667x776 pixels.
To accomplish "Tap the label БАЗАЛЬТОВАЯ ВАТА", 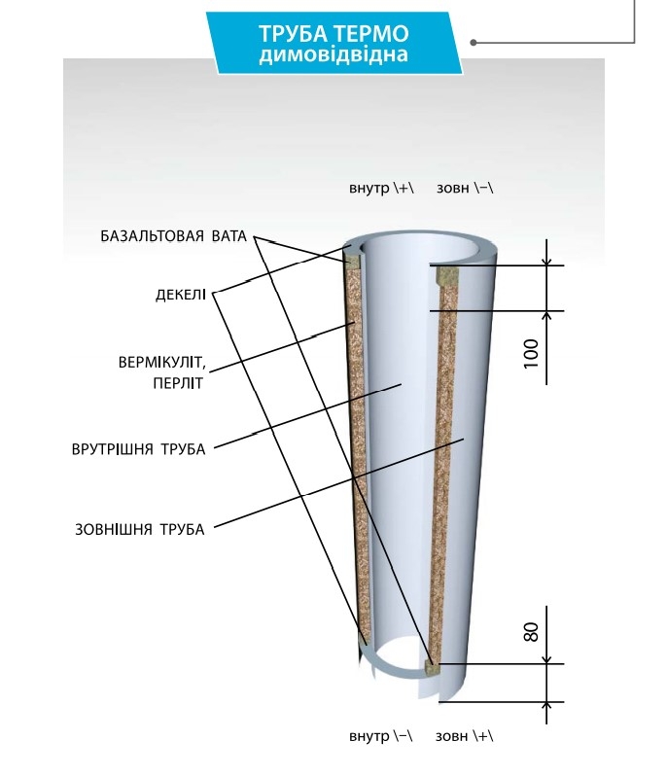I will click(174, 236).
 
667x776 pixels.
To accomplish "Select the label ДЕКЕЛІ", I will click(181, 293).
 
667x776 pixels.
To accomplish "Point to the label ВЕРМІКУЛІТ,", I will click(161, 363).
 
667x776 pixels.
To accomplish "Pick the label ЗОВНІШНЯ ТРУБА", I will click(140, 530).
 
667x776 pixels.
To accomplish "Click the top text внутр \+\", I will click(381, 187).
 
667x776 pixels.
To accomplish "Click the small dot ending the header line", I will click(474, 43).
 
